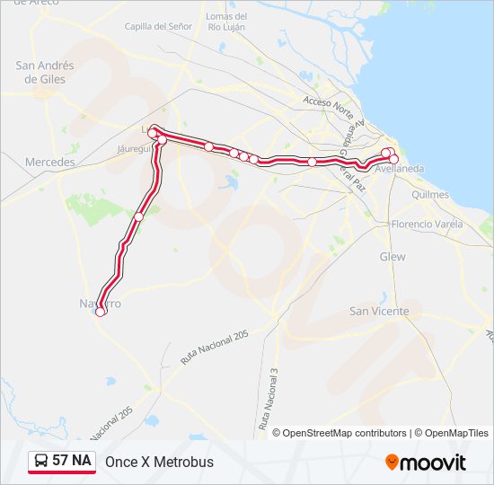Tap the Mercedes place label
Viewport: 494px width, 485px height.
click(49, 162)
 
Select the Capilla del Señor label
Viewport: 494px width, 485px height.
click(158, 27)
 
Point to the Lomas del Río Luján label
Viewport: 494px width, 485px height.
click(225, 22)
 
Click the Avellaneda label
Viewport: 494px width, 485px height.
click(401, 168)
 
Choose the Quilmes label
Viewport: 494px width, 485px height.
click(428, 194)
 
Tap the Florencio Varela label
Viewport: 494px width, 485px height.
click(427, 224)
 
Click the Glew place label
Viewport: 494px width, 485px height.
click(393, 257)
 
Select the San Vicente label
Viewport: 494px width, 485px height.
click(379, 311)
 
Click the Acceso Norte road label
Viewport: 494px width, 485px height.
click(329, 104)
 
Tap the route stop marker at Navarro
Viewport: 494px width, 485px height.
click(101, 312)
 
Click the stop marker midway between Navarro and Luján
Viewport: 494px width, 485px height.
click(138, 216)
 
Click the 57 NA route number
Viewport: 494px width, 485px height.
click(72, 461)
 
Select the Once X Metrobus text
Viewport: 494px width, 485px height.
click(159, 463)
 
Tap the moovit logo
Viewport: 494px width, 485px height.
click(426, 463)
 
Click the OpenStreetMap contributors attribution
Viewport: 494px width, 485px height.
click(344, 433)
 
